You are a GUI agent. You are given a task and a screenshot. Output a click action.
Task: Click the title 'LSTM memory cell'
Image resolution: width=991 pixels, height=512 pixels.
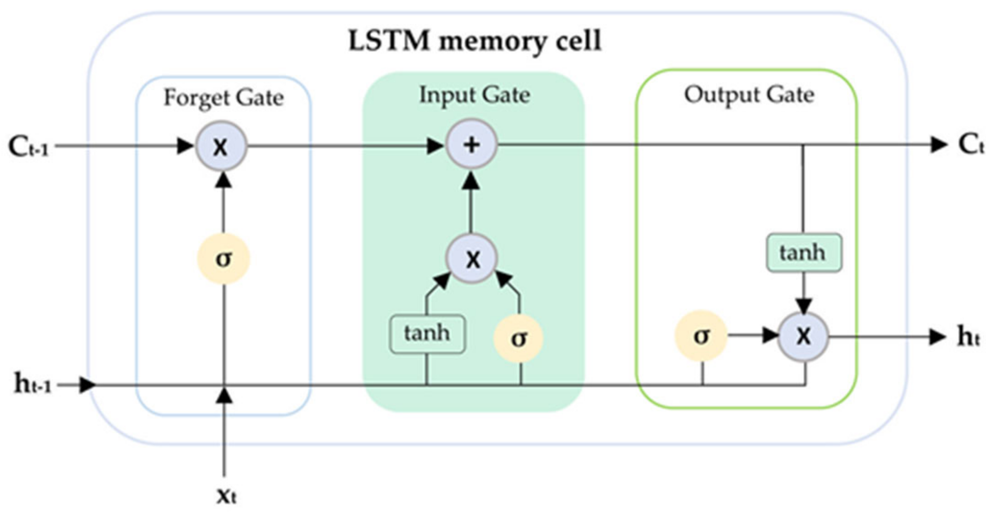pyautogui.click(x=475, y=41)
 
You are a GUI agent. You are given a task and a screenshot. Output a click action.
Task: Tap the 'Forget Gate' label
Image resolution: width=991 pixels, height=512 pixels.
pyautogui.click(x=223, y=98)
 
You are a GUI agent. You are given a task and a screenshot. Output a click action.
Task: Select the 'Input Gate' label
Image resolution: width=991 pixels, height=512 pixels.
pyautogui.click(x=474, y=95)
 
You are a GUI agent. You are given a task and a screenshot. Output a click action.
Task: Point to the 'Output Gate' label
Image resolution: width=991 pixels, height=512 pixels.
pyautogui.click(x=749, y=95)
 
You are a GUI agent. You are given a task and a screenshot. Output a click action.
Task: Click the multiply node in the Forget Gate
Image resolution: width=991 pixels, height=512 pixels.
pyautogui.click(x=221, y=146)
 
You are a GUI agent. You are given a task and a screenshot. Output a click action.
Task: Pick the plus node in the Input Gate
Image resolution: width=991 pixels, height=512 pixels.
pyautogui.click(x=471, y=144)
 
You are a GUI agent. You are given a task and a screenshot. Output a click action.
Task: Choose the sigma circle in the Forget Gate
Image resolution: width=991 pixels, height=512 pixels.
pyautogui.click(x=223, y=258)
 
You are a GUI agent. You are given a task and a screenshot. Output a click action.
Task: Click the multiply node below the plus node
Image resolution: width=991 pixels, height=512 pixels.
pyautogui.click(x=472, y=259)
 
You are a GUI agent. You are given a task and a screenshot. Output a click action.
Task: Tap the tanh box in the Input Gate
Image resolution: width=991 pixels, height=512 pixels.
pyautogui.click(x=427, y=334)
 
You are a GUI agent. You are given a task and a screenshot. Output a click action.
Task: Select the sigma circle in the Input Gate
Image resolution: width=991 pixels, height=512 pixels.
pyautogui.click(x=518, y=338)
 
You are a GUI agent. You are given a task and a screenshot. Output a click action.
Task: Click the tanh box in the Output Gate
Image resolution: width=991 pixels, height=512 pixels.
pyautogui.click(x=804, y=253)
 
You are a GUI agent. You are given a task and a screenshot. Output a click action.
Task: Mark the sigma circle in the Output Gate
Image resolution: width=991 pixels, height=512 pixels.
pyautogui.click(x=701, y=336)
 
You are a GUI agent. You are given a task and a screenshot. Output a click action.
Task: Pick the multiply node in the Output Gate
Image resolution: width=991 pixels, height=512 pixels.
pyautogui.click(x=803, y=336)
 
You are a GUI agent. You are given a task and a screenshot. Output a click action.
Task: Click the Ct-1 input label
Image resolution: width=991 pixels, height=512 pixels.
pyautogui.click(x=28, y=146)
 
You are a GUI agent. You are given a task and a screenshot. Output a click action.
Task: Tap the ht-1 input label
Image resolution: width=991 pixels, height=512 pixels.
pyautogui.click(x=32, y=385)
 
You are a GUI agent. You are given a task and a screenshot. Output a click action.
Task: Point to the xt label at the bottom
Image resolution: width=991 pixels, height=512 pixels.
pyautogui.click(x=226, y=495)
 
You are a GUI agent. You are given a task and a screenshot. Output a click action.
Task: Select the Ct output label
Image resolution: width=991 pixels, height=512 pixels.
pyautogui.click(x=970, y=144)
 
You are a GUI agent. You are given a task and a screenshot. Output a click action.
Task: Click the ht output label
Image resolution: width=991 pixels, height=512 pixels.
pyautogui.click(x=968, y=336)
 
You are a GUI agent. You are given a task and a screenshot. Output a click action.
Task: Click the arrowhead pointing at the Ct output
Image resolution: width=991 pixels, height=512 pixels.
pyautogui.click(x=938, y=144)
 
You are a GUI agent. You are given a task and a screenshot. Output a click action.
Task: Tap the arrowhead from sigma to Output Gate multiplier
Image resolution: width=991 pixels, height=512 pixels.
pyautogui.click(x=770, y=336)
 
